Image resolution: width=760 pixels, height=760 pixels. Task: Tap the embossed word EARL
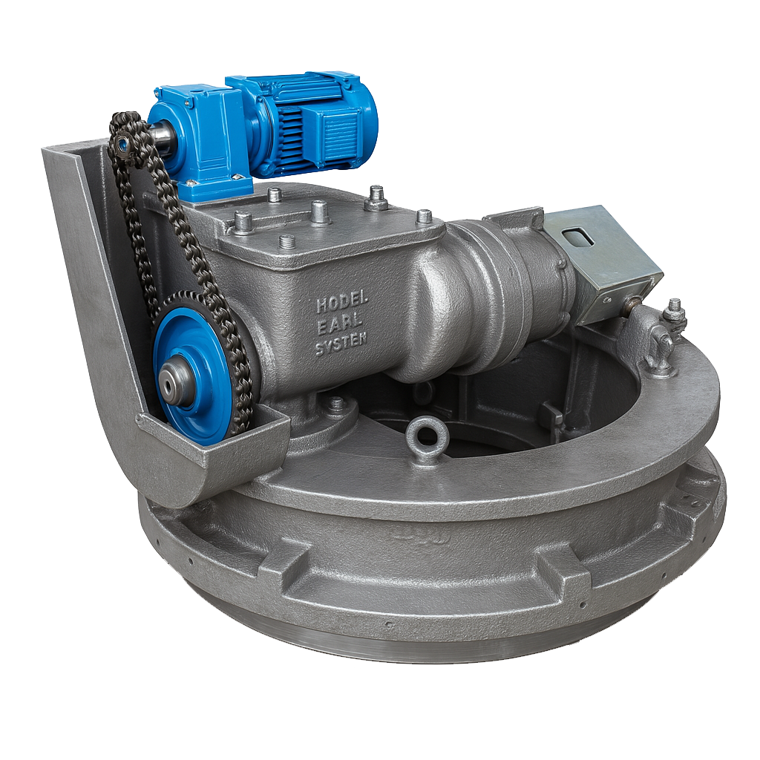coord(340,327)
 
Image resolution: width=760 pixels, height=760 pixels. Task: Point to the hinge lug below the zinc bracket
coord(659,347)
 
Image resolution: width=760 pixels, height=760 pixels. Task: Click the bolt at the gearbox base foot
coord(336,405)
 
